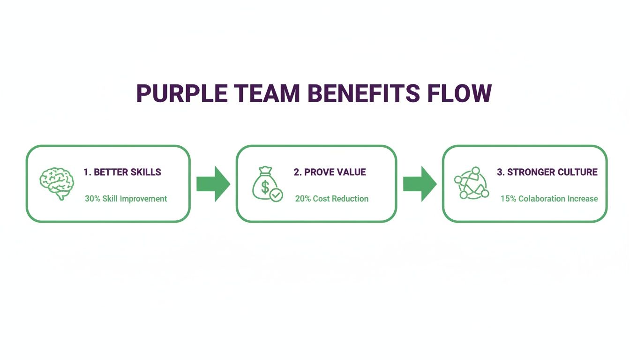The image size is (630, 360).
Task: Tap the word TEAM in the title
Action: (x=273, y=94)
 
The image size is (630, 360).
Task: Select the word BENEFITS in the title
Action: (x=364, y=94)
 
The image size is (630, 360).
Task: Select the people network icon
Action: (x=472, y=183)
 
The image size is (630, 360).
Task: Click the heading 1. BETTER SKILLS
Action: (x=122, y=172)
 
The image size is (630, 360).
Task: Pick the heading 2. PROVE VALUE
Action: (x=330, y=172)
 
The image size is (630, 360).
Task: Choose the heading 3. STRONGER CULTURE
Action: (x=547, y=172)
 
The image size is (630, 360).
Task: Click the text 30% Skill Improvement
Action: (x=126, y=199)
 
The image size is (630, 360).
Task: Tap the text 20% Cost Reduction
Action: (x=331, y=199)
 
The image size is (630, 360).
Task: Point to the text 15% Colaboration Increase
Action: (x=549, y=199)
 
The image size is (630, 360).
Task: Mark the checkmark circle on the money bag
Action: (x=277, y=195)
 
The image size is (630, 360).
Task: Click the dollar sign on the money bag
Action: (x=265, y=188)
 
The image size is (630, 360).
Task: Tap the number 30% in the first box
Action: (x=92, y=199)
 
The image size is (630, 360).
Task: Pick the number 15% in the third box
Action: (x=508, y=199)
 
